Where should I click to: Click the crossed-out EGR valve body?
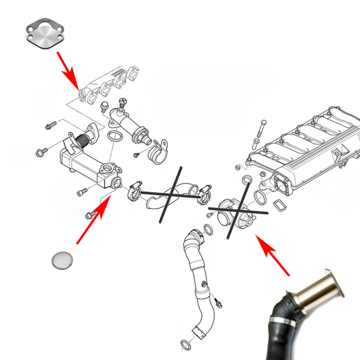tap(232, 213)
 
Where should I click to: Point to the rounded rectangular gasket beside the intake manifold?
tap(278, 205)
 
